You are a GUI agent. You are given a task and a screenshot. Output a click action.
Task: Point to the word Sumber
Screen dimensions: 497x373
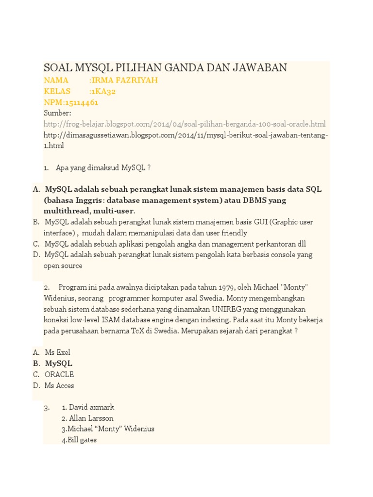57,113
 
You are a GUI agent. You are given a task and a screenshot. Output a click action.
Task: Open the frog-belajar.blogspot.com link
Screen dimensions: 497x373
185,124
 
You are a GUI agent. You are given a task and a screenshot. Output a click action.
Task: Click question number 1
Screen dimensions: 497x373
46,168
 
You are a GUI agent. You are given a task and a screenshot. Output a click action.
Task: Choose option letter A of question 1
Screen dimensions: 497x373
36,189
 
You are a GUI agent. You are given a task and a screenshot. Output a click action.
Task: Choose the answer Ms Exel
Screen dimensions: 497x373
57,353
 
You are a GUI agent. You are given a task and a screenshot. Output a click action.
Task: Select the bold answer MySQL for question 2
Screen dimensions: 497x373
58,364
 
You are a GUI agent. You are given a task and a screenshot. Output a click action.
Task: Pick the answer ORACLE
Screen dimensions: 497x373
59,375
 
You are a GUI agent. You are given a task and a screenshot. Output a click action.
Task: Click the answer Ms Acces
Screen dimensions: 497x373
59,386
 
